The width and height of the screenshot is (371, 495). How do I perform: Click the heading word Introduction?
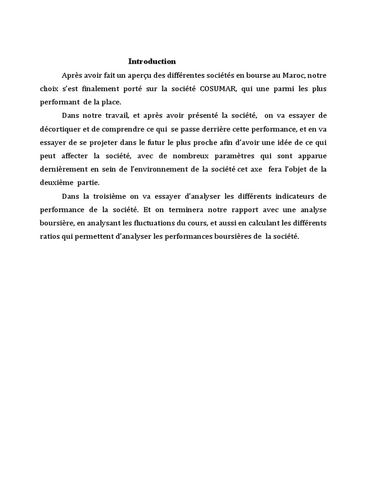click(152, 61)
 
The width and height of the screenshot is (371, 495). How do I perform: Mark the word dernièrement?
click(63, 170)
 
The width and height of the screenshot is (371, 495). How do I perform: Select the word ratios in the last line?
click(49, 237)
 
